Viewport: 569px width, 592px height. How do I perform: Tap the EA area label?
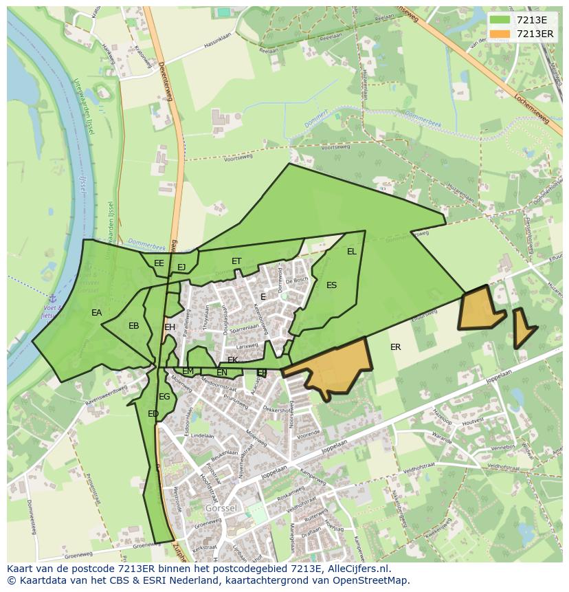click(97, 313)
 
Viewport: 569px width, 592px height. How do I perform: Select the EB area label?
click(134, 326)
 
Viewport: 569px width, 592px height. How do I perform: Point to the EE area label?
click(159, 263)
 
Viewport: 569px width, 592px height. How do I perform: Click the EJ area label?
click(181, 267)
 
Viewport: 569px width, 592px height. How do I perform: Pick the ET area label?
click(236, 261)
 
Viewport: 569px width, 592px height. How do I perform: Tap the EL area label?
click(352, 252)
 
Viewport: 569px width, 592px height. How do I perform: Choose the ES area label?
click(332, 285)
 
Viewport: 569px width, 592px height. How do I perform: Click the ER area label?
click(395, 347)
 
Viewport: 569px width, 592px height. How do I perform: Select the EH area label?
click(170, 327)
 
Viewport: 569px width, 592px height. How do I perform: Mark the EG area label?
click(164, 397)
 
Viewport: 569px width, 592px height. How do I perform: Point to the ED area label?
click(153, 414)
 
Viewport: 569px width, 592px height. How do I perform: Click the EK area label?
click(232, 360)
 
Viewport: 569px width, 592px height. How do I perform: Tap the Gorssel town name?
click(221, 508)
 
